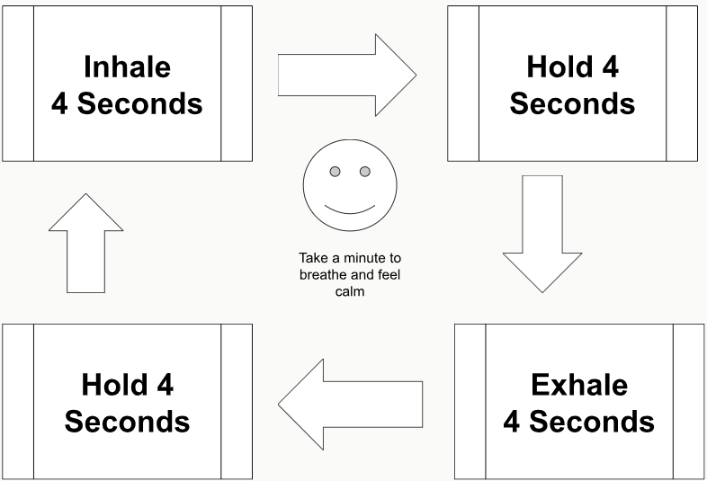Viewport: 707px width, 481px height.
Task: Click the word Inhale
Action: click(x=127, y=67)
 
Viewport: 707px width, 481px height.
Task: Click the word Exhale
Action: click(x=579, y=385)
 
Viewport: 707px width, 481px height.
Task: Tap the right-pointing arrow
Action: click(x=346, y=75)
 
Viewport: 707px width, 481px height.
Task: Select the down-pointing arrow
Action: click(x=542, y=234)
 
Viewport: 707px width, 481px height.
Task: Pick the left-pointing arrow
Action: click(x=350, y=405)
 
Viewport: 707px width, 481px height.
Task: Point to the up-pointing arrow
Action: click(x=85, y=243)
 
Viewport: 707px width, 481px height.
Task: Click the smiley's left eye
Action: click(x=335, y=172)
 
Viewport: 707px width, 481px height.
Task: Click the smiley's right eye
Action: click(x=365, y=172)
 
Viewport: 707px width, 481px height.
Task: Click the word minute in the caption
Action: click(x=366, y=258)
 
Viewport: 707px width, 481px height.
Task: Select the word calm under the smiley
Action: click(x=350, y=291)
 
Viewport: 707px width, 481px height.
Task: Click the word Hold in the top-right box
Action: click(x=559, y=67)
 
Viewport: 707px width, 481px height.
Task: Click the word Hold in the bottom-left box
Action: click(x=114, y=385)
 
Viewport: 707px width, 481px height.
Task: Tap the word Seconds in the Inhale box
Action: click(x=139, y=103)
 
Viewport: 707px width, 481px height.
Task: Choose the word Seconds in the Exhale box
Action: click(x=592, y=422)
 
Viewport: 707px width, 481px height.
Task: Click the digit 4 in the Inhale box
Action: click(x=59, y=103)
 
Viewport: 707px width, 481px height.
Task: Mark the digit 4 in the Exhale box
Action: click(x=511, y=422)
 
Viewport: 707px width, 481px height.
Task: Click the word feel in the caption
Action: click(x=389, y=275)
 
